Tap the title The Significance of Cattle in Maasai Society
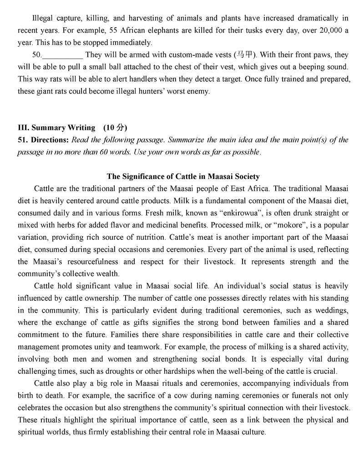(x=183, y=176)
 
